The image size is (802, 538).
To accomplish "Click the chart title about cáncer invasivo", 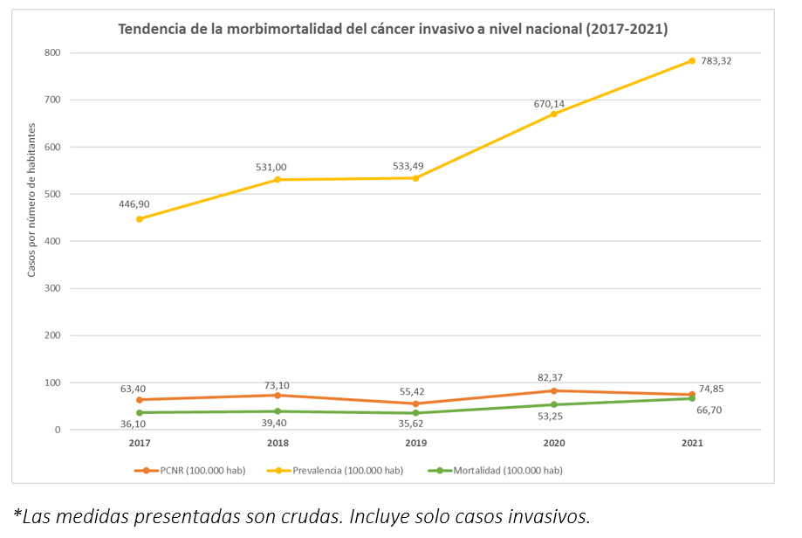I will [x=393, y=30].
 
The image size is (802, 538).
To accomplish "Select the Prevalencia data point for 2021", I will [x=692, y=60].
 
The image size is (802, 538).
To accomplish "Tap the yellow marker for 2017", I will [x=140, y=219].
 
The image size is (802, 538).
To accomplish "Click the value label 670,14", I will [x=550, y=104].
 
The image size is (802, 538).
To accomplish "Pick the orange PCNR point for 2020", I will [x=553, y=390].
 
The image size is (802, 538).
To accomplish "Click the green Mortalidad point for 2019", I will [x=415, y=413].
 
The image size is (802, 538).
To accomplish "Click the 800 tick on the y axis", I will [x=52, y=52].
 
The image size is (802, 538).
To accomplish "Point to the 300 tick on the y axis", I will [x=52, y=288].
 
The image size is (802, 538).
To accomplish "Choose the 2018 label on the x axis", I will [x=278, y=444].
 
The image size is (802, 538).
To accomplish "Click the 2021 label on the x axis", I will [x=691, y=444].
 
